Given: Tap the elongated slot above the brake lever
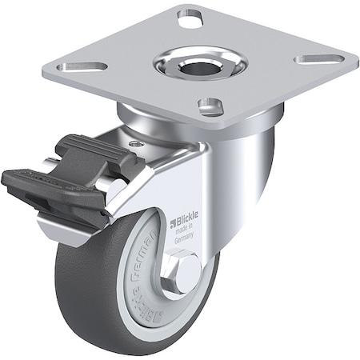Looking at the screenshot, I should pyautogui.click(x=86, y=66).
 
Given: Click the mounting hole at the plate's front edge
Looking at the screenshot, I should pyautogui.click(x=210, y=105).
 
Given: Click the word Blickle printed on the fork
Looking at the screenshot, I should pyautogui.click(x=186, y=216).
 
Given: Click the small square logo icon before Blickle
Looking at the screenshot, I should pyautogui.click(x=171, y=218).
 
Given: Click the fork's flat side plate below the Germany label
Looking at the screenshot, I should pyautogui.click(x=200, y=256).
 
